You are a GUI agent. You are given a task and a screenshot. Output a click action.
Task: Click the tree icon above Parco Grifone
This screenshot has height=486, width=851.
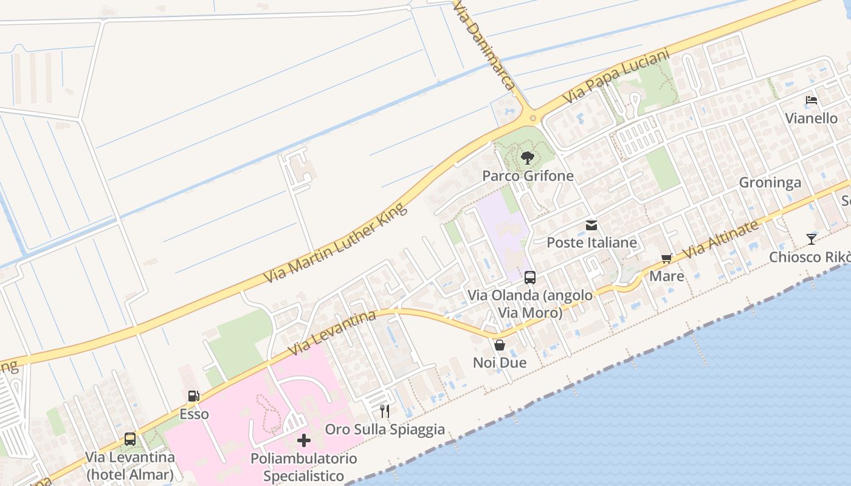(528, 158)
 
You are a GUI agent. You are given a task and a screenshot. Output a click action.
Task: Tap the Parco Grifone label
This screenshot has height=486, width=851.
(528, 176)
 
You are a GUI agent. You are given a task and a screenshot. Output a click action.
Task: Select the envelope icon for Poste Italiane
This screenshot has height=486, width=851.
(591, 225)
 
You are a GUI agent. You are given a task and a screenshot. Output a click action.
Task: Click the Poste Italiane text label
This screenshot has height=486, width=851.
(591, 243)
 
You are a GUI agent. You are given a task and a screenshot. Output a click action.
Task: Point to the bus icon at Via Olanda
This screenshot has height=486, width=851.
(530, 278)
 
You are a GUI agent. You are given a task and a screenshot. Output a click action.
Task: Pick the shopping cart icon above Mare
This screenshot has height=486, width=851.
(667, 259)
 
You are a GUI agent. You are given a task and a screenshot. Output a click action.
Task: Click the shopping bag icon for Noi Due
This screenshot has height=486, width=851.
(500, 345)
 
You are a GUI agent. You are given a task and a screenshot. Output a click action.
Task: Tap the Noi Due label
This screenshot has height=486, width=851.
(500, 363)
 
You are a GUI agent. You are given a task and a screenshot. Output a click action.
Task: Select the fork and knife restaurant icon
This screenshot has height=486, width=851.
(384, 411)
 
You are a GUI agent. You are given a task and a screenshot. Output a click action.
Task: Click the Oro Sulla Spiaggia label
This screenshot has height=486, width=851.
(385, 430)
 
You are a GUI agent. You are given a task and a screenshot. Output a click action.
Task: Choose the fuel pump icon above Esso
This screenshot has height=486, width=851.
(194, 396)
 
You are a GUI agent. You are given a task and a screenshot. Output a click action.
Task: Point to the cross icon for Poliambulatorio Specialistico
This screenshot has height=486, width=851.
(304, 440)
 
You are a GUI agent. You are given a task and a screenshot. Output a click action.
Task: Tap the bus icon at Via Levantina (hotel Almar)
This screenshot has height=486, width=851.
(130, 439)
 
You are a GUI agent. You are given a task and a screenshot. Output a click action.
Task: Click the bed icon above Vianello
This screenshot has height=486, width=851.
(811, 100)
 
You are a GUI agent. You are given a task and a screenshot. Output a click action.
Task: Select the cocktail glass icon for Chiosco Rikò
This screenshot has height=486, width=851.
(811, 239)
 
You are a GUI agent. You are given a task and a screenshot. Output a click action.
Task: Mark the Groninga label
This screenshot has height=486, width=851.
(770, 183)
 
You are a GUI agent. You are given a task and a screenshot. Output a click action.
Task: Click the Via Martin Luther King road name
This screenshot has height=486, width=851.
(335, 244)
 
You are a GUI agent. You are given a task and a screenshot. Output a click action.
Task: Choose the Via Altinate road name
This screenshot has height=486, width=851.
(721, 239)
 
